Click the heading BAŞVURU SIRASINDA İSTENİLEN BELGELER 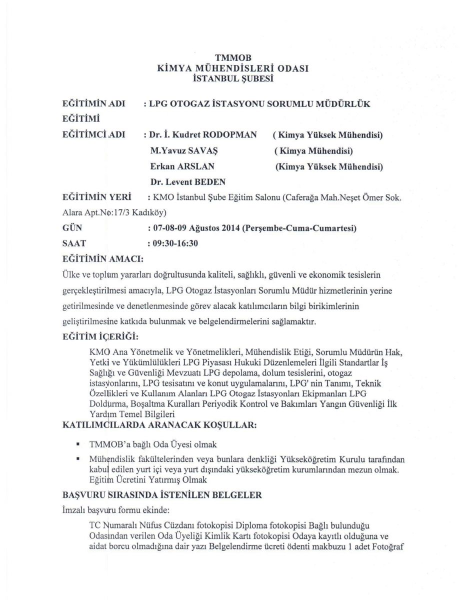tap(161, 495)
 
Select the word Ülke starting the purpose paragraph tap(70, 275)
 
